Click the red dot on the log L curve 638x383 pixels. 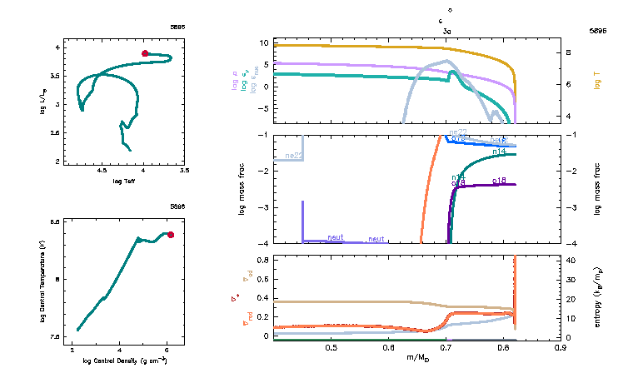pyautogui.click(x=145, y=53)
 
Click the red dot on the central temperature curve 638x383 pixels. pyautogui.click(x=171, y=235)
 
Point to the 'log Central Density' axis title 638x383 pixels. pyautogui.click(x=125, y=361)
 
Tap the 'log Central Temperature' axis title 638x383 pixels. pyautogui.click(x=53, y=280)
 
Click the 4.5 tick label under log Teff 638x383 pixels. pyautogui.click(x=103, y=170)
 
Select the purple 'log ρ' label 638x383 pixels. pyautogui.click(x=235, y=81)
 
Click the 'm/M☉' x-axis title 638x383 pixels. pyautogui.click(x=418, y=358)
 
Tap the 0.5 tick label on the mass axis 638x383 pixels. pyautogui.click(x=331, y=347)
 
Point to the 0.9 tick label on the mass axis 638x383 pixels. pyautogui.click(x=561, y=347)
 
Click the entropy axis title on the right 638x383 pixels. pyautogui.click(x=598, y=297)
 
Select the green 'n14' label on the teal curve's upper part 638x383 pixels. pyautogui.click(x=501, y=152)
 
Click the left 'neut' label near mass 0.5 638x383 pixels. pyautogui.click(x=336, y=237)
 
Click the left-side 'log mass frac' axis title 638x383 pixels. pyautogui.click(x=242, y=189)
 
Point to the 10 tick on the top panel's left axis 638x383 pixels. pyautogui.click(x=262, y=42)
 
